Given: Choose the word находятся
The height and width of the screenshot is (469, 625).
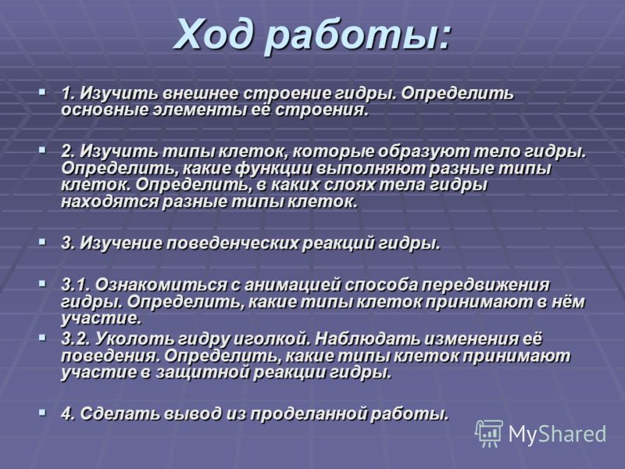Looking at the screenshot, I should click(x=109, y=202).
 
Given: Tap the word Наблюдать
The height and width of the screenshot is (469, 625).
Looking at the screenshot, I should click(x=366, y=339).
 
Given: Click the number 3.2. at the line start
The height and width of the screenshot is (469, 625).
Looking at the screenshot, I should click(x=77, y=339).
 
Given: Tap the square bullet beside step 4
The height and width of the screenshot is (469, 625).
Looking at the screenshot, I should click(x=44, y=412).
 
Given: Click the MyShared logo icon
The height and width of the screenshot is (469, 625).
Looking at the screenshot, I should click(x=489, y=433).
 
